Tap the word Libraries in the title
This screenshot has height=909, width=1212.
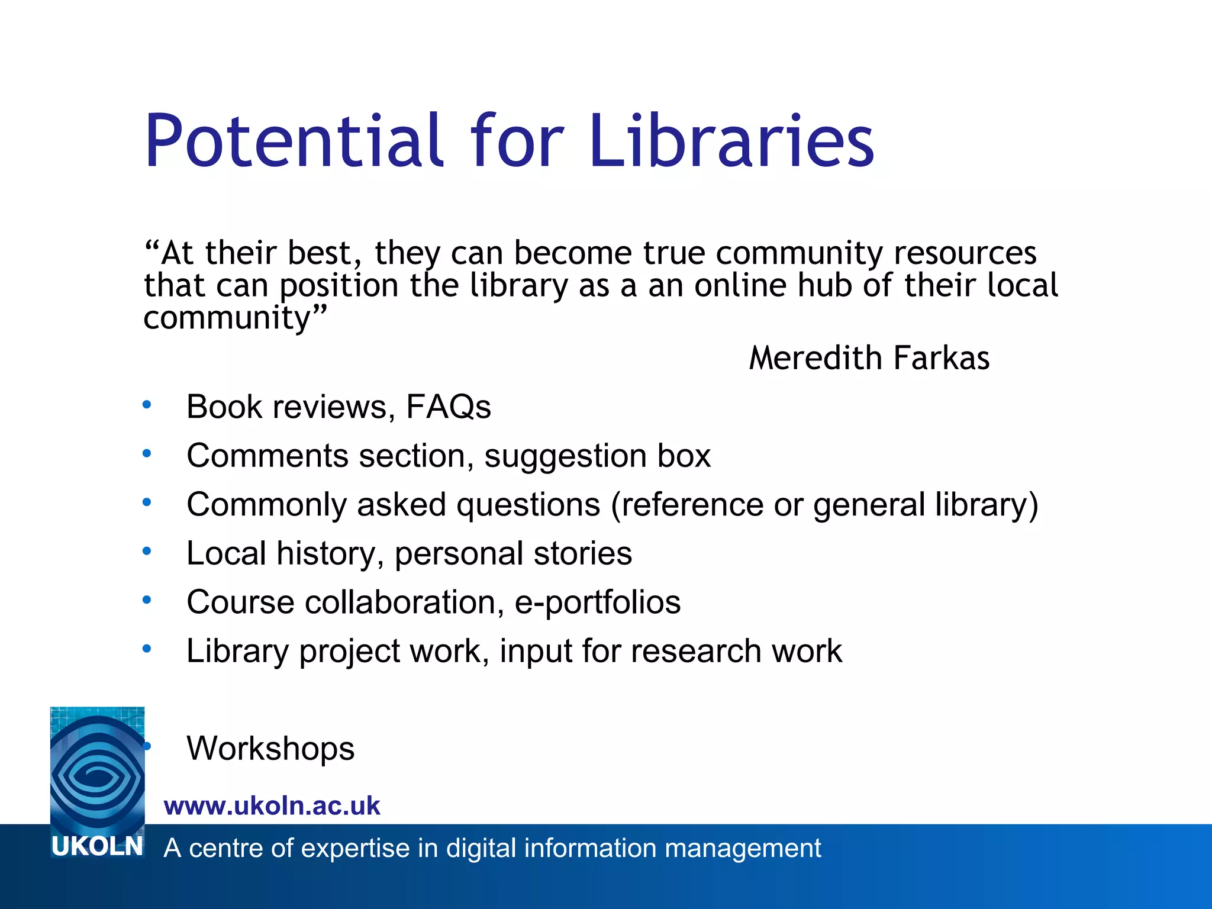731,141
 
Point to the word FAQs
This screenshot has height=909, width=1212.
448,407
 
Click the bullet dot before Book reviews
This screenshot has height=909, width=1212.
147,405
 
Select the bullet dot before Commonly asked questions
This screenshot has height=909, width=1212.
147,503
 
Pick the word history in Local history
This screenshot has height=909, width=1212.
325,554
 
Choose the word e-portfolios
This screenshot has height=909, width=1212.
598,602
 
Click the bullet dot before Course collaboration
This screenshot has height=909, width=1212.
147,601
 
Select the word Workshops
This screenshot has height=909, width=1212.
270,749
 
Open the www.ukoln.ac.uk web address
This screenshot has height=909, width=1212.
272,806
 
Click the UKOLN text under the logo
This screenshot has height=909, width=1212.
97,847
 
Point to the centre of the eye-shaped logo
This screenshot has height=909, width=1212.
96,773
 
